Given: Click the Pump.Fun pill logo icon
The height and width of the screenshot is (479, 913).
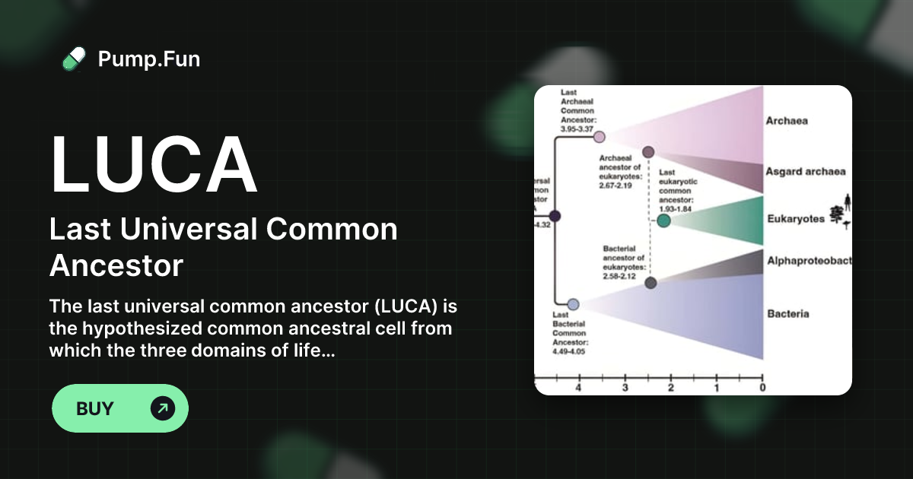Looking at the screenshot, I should [x=74, y=59].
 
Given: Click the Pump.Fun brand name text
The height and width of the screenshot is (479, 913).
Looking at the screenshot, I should [x=149, y=59].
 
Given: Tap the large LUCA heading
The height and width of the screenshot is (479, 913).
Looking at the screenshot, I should [x=154, y=165].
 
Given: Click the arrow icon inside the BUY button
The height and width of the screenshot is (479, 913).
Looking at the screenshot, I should [x=163, y=408].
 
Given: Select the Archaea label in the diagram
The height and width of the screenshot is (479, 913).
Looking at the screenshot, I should [x=787, y=120].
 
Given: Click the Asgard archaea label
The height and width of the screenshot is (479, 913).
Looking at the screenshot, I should [x=805, y=172].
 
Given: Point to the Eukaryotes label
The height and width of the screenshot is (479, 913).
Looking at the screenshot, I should [x=796, y=219].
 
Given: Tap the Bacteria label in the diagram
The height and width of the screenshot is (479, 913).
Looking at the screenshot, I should [x=788, y=313].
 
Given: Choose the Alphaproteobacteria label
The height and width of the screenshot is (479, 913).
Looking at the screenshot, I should [x=809, y=261].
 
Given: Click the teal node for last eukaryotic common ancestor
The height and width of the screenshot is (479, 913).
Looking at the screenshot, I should [x=663, y=220].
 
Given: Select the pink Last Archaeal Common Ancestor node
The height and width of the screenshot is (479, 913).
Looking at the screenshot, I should [x=599, y=137].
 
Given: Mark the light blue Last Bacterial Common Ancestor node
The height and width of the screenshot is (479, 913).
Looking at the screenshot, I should [x=574, y=304].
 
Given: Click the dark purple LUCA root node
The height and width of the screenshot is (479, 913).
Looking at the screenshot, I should [x=555, y=216].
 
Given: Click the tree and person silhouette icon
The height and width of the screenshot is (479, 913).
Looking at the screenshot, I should [x=841, y=213].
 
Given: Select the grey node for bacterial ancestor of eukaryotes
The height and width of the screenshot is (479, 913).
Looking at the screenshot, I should [x=651, y=283].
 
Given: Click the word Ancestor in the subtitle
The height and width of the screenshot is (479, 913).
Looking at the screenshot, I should [x=116, y=265].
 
